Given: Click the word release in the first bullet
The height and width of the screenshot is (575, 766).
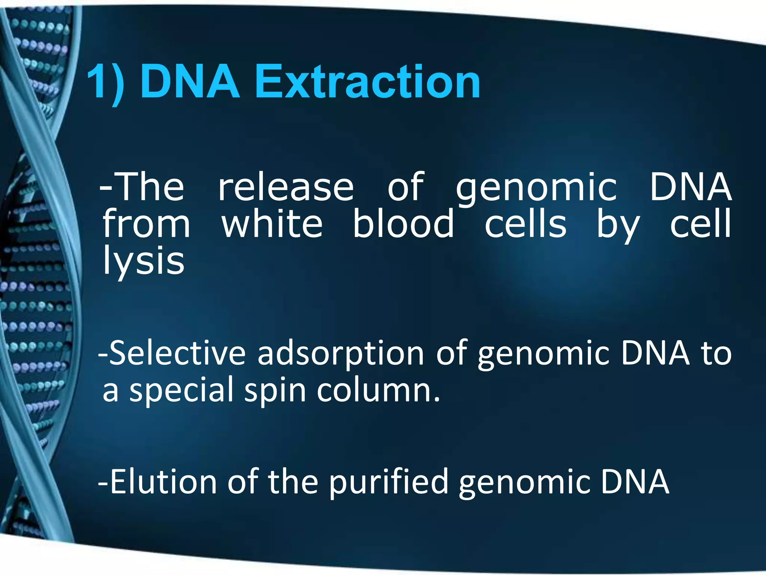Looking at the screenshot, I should pos(286,187).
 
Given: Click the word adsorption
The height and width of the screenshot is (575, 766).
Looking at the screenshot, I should pos(341,354).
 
